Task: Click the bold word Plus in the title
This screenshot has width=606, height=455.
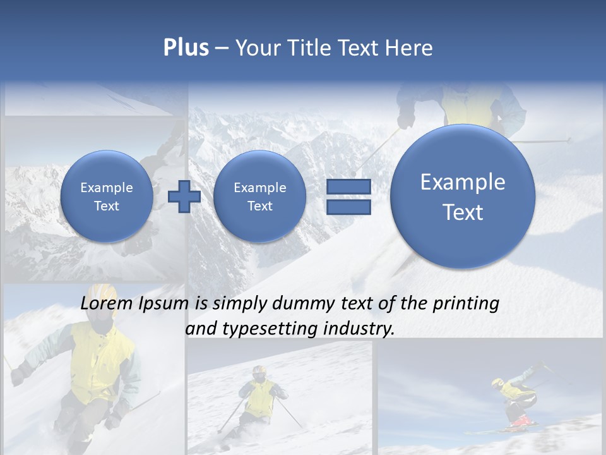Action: (186, 48)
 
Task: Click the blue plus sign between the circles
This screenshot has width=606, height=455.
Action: (184, 197)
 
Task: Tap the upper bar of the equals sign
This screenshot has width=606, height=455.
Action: (348, 186)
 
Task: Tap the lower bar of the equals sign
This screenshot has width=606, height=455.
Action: (348, 207)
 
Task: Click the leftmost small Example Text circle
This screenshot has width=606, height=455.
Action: (107, 197)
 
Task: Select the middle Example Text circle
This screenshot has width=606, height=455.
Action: (259, 197)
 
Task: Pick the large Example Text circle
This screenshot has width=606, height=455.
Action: (463, 197)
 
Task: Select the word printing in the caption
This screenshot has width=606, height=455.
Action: (465, 304)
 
